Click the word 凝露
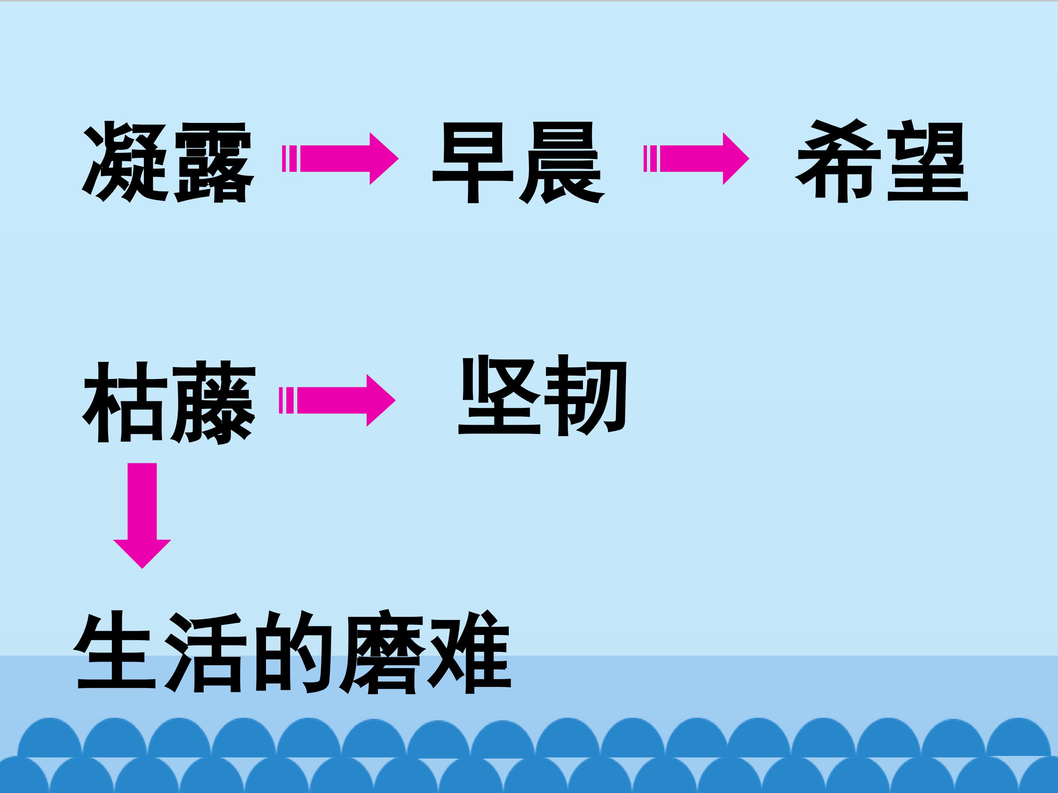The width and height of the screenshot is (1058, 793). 168,162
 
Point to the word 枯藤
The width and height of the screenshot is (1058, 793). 169,402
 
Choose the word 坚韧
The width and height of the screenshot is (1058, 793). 542,395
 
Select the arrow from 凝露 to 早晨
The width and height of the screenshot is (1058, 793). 340,158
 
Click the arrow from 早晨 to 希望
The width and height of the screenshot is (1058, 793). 697,158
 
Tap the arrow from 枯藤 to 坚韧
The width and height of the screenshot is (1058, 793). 337,400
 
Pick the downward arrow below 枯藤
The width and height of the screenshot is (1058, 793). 142,515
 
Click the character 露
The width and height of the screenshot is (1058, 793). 213,162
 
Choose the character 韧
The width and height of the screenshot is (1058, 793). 586,395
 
